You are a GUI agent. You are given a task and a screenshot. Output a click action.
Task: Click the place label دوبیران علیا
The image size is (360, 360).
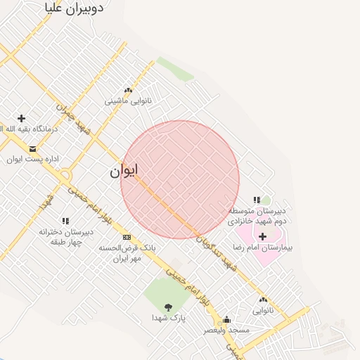pos(74,8)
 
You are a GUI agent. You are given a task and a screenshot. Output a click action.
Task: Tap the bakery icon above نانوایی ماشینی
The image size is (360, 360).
pos(128,90)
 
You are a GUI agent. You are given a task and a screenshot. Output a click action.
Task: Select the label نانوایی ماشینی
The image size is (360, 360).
pos(128,101)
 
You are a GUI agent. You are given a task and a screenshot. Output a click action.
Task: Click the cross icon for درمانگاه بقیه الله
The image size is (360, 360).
pos(21,118)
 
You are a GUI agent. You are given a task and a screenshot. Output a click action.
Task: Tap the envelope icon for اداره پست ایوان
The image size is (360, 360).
pos(32,148)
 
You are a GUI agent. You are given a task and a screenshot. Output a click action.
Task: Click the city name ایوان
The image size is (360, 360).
pos(124,170)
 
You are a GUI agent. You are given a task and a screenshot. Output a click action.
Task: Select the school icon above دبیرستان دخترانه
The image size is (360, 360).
pos(65,221)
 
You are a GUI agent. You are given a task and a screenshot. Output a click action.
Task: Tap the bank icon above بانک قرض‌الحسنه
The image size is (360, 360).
pos(127,237)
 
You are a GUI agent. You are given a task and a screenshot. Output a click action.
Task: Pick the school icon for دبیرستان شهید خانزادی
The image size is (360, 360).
pos(257,200)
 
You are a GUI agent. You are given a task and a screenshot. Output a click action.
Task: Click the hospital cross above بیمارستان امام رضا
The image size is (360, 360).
pos(262,236)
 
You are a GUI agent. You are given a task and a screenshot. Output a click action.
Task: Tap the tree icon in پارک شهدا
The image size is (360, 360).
pos(168,307)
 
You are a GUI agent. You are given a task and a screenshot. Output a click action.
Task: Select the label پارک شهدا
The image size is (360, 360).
pos(168,318)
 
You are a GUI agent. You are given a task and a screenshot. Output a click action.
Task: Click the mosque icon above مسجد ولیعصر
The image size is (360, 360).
pos(226,319)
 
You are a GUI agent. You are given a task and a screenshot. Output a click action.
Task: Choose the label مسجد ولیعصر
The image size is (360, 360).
pos(226,330)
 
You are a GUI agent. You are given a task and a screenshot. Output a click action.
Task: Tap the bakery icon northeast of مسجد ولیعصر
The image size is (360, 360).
pos(262,300)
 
